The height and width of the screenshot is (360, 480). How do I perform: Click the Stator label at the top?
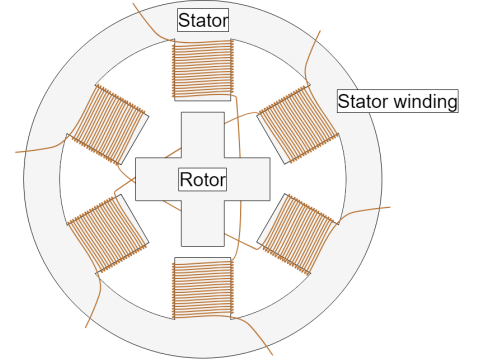203,19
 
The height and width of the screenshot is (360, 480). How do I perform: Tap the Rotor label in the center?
203,180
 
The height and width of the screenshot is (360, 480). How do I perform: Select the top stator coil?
203,69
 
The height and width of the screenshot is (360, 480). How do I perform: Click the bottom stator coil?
203,288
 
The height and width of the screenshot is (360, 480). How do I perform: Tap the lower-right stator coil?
297,233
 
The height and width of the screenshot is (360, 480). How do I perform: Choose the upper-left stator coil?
109,124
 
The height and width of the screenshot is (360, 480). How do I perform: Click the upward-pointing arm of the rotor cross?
203,134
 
